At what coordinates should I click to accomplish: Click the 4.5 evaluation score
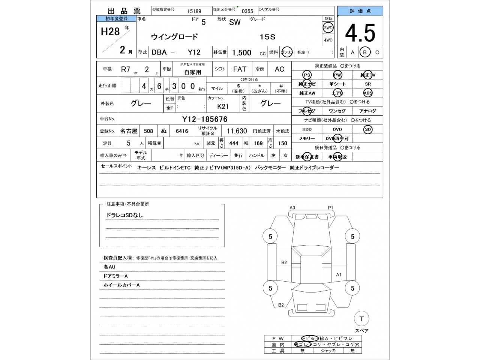360,33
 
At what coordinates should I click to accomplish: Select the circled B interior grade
364,52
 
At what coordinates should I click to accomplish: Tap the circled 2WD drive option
328,28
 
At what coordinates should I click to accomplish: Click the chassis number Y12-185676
205,119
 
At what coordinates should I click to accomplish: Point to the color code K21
223,106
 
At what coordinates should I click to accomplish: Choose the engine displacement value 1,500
241,53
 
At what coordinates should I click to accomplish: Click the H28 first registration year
110,31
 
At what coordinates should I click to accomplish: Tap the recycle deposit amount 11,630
237,131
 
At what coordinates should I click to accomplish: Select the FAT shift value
240,69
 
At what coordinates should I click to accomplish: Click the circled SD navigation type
368,129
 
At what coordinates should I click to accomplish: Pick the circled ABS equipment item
368,93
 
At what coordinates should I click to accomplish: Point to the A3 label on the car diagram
292,208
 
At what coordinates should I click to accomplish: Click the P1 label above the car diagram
330,208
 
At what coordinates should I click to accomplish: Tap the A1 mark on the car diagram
339,274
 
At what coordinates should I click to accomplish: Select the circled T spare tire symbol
361,319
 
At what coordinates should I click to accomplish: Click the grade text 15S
268,37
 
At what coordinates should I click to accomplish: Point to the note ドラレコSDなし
124,215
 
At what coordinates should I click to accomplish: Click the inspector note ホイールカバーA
121,285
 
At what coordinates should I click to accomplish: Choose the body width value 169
258,143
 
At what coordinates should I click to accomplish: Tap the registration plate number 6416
182,131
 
